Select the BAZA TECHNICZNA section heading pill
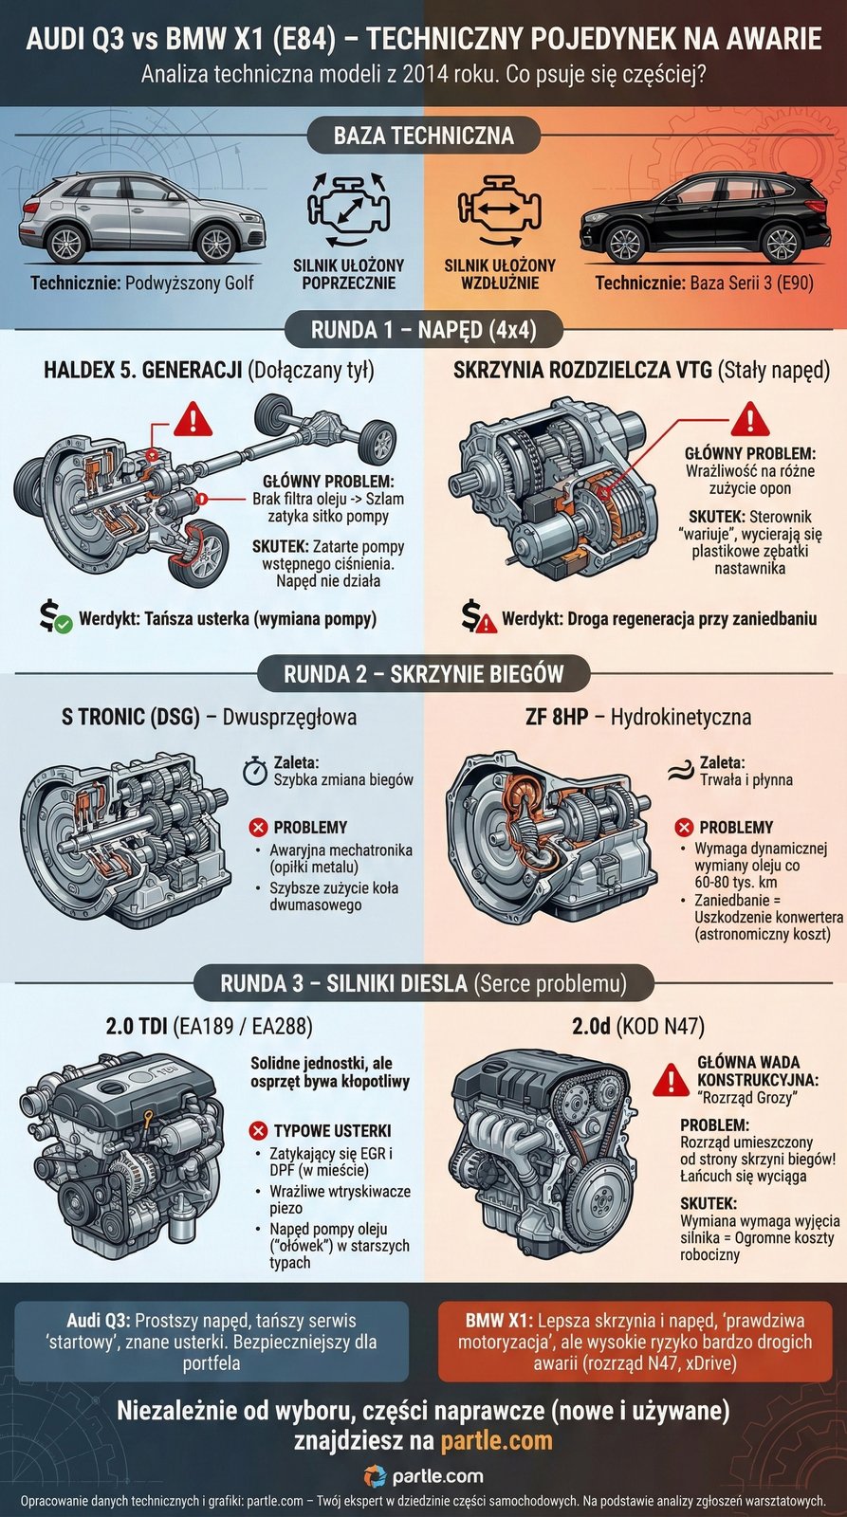pos(423,136)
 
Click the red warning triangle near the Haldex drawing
pos(193,418)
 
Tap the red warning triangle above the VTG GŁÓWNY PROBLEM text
pos(749,418)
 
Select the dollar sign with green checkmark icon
pos(54,617)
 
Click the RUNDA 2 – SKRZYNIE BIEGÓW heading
pos(423,674)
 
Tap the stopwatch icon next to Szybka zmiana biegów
pos(254,770)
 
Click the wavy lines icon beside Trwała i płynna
pos(678,771)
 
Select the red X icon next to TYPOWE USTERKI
pos(257,1130)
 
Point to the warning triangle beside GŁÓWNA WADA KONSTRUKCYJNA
pos(671,1079)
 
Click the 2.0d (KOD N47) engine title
pos(637,1026)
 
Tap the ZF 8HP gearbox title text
pos(556,717)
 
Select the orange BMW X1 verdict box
pos(635,1342)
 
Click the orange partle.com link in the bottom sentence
pos(496,1441)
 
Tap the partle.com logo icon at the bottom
pos(376,1476)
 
